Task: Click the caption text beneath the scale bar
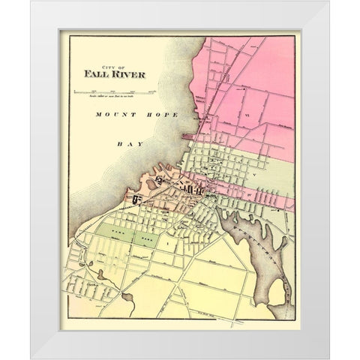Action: tap(112, 94)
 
